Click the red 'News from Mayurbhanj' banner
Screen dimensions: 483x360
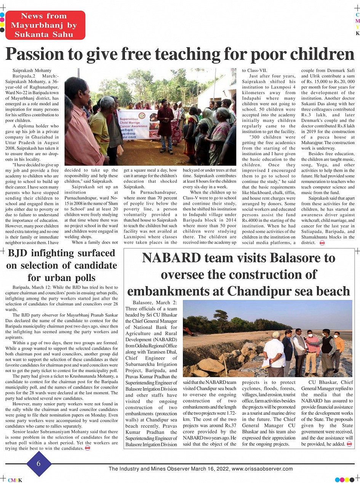[45, 25]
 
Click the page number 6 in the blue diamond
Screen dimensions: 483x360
[38, 464]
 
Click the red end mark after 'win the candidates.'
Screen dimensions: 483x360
[88, 448]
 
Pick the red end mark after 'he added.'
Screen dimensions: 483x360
[349, 444]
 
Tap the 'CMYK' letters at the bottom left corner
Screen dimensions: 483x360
[15, 480]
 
